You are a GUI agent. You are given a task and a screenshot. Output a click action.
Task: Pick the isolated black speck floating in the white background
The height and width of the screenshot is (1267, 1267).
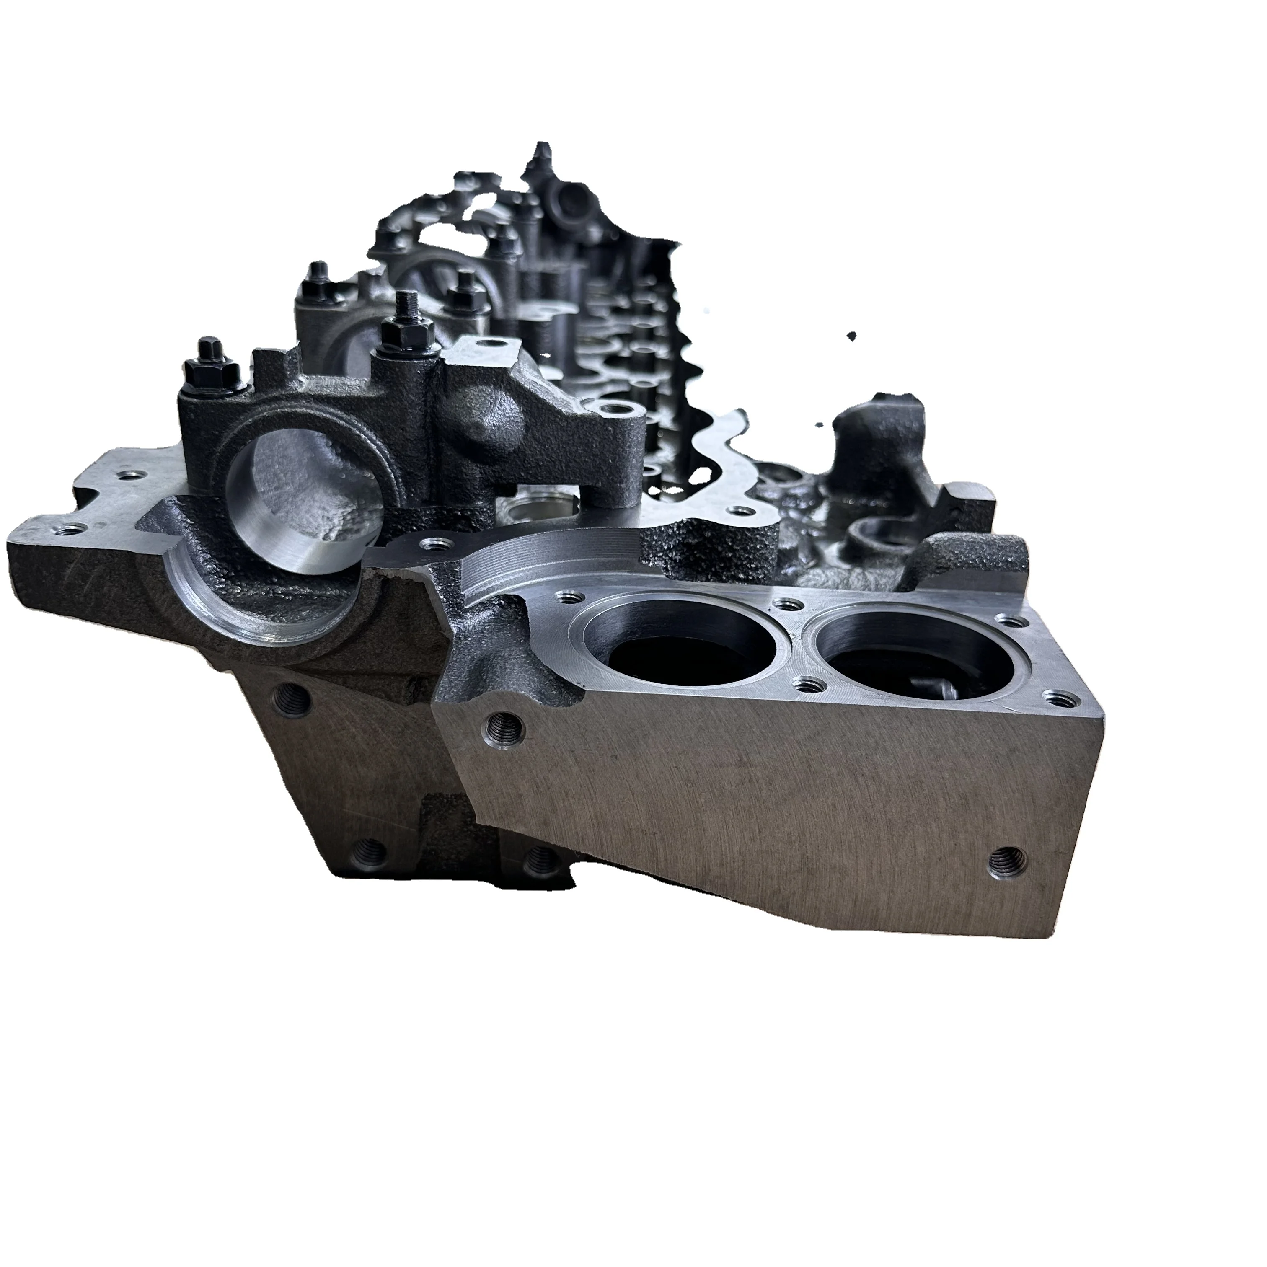851,336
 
